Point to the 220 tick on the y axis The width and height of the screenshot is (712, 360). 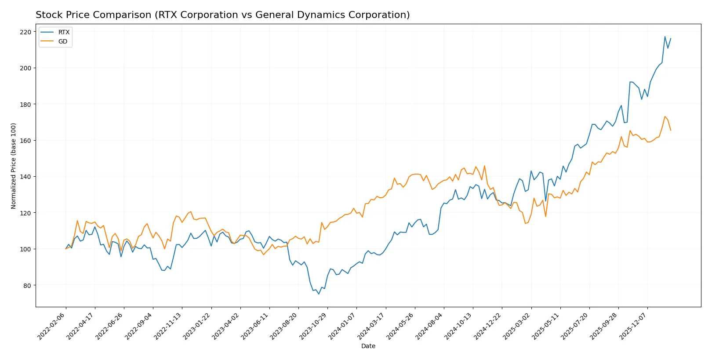pyautogui.click(x=25, y=32)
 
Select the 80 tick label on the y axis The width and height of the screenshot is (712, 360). pyautogui.click(x=27, y=285)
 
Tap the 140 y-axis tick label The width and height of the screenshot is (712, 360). pyautogui.click(x=25, y=177)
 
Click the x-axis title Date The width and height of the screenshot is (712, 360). pyautogui.click(x=368, y=346)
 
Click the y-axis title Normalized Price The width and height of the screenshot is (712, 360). pyautogui.click(x=13, y=166)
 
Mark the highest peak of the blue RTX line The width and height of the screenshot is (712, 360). pyautogui.click(x=665, y=36)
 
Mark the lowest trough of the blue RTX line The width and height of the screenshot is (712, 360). pyautogui.click(x=319, y=294)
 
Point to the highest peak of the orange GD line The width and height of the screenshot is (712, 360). pyautogui.click(x=665, y=116)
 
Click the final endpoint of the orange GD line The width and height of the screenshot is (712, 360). pyautogui.click(x=671, y=130)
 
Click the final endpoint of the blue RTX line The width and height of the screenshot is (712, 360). pyautogui.click(x=671, y=39)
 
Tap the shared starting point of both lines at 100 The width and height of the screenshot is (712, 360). pyautogui.click(x=66, y=249)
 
